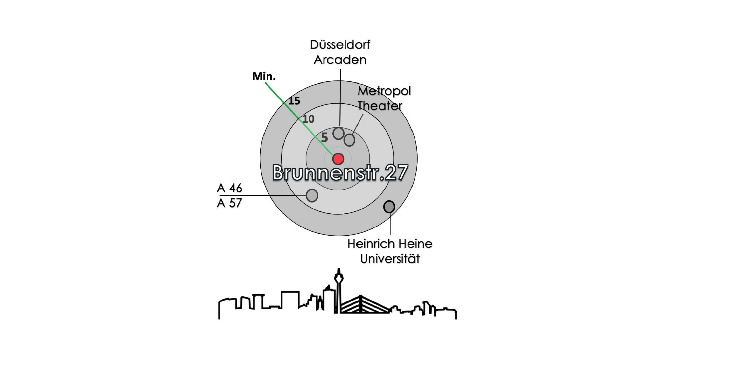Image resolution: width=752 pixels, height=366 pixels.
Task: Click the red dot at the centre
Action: pyautogui.click(x=338, y=159)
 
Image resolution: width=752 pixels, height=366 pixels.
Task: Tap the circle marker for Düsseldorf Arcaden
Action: pyautogui.click(x=339, y=134)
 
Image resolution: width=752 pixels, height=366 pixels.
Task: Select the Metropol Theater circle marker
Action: pyautogui.click(x=349, y=140)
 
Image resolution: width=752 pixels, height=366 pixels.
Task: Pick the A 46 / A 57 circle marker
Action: pyautogui.click(x=312, y=195)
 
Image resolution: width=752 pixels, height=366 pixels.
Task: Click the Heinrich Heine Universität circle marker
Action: pyautogui.click(x=389, y=207)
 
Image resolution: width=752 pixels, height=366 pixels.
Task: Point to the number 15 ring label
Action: pyautogui.click(x=294, y=101)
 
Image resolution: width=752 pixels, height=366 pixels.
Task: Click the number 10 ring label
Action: pyautogui.click(x=309, y=119)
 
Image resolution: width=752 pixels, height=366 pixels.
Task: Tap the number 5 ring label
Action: pyautogui.click(x=324, y=137)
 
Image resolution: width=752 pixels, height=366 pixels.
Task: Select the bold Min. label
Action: pyautogui.click(x=264, y=76)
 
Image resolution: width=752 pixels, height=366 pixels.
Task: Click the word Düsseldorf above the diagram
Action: pyautogui.click(x=340, y=45)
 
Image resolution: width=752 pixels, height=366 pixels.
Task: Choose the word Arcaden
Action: pyautogui.click(x=340, y=60)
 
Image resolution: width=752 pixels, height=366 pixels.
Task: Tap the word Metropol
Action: pyautogui.click(x=384, y=91)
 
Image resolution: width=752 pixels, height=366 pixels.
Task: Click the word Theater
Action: pyautogui.click(x=380, y=106)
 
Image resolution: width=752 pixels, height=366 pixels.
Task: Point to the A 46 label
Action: pyautogui.click(x=230, y=188)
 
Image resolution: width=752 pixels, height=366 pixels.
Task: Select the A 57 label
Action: pyautogui.click(x=230, y=203)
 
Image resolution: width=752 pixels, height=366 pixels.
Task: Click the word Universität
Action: pyautogui.click(x=390, y=259)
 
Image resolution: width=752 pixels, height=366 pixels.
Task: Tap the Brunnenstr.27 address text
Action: pyautogui.click(x=340, y=173)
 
